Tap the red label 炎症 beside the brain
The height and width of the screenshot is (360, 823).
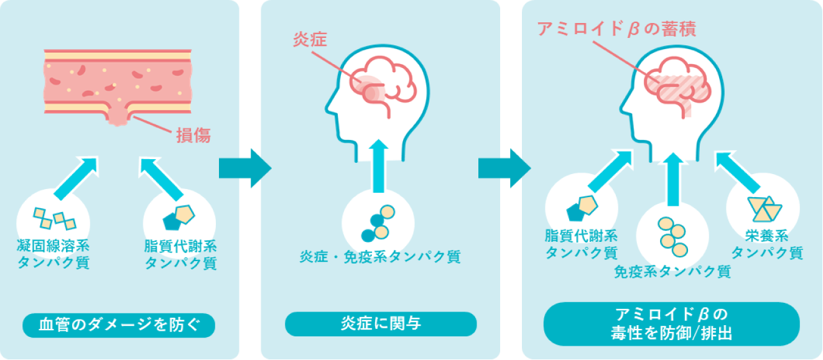click(x=310, y=40)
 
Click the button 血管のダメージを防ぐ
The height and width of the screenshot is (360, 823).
click(x=119, y=325)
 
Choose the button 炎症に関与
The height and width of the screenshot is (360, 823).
click(x=381, y=324)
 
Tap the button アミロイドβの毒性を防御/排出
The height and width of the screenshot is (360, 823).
click(x=671, y=323)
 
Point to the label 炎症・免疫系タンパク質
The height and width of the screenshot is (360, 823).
click(x=380, y=257)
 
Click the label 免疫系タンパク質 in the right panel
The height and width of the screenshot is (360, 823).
click(x=672, y=271)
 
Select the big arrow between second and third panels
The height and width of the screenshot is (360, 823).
click(x=504, y=168)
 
